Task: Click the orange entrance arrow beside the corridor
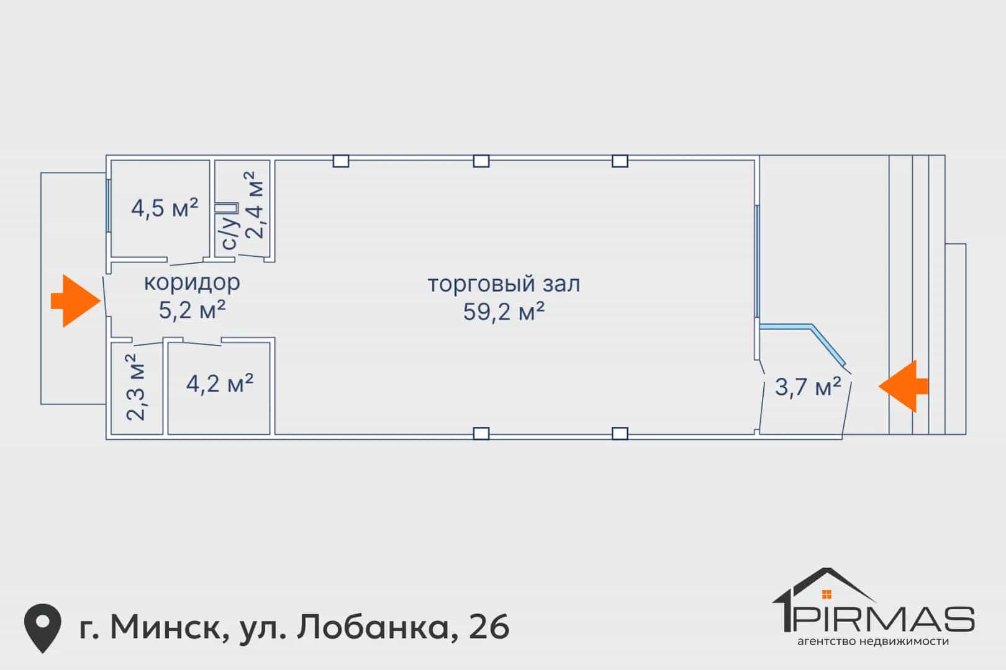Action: click(x=76, y=301)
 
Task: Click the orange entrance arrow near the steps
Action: click(x=904, y=386)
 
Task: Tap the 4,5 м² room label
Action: click(x=165, y=208)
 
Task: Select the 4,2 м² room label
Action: click(x=220, y=383)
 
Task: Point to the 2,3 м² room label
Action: click(x=136, y=387)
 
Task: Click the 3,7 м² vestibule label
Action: click(x=808, y=387)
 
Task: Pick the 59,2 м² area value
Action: click(x=504, y=311)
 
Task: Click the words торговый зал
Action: click(x=504, y=284)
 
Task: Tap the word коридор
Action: click(x=192, y=283)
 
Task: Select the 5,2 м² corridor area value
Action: click(x=192, y=310)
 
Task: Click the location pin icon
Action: click(x=43, y=628)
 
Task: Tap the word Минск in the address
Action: click(x=166, y=627)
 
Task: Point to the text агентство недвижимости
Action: click(x=873, y=641)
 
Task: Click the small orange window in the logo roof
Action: click(x=827, y=594)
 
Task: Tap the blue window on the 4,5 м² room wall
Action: click(x=108, y=205)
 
